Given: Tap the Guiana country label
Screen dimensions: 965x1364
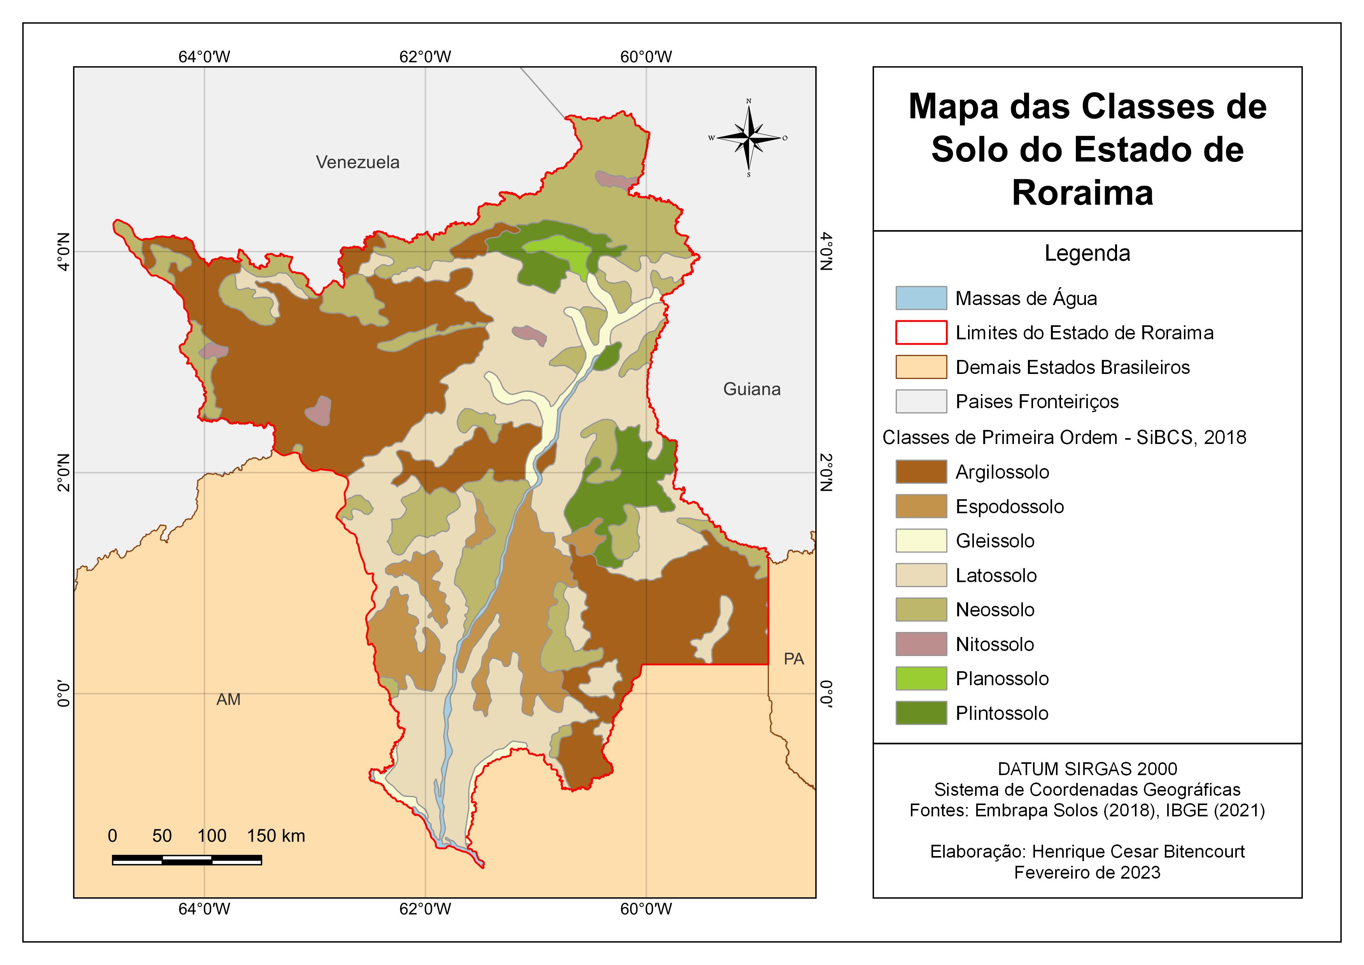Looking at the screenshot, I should [x=751, y=389].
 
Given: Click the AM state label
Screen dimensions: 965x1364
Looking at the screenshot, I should [x=228, y=699].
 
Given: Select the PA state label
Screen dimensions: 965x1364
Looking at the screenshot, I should [x=794, y=659].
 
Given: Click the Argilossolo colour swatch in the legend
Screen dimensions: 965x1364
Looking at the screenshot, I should [x=921, y=472].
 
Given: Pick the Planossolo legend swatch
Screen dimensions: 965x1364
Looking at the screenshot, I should [x=921, y=679].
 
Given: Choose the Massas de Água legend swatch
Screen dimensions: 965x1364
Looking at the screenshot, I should [x=921, y=298].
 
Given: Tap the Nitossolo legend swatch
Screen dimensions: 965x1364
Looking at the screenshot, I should [x=921, y=644].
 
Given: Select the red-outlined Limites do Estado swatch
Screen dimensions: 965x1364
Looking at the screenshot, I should [x=921, y=333].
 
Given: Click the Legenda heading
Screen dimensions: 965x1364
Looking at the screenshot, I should [x=1087, y=254].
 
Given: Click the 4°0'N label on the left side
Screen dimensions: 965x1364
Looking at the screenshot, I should [x=63, y=251].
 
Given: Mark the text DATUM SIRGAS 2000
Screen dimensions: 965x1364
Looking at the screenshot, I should [x=1087, y=769].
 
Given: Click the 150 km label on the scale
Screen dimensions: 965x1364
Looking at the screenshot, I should [x=276, y=836].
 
